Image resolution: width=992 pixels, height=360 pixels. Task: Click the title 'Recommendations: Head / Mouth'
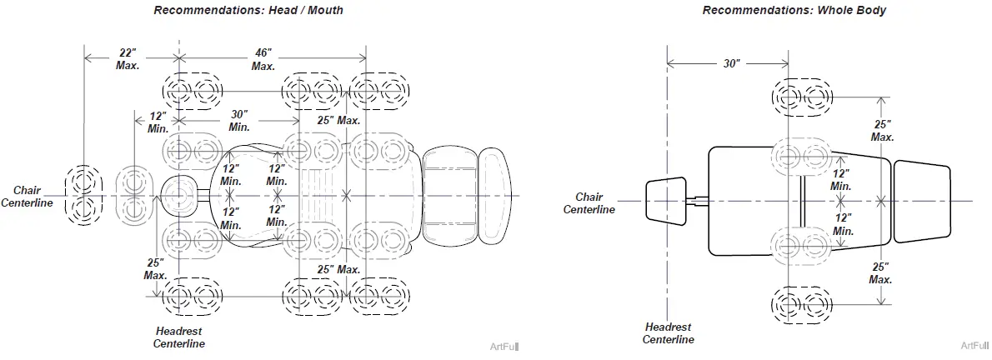click(248, 10)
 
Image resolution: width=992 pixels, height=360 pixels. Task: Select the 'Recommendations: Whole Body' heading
click(794, 10)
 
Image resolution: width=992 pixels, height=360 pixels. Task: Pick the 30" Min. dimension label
click(239, 121)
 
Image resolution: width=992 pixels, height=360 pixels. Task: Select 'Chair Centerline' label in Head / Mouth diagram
click(26, 197)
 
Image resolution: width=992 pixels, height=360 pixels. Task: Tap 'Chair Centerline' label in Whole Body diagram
click(589, 203)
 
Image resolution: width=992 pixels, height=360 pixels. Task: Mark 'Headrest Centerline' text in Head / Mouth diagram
click(178, 337)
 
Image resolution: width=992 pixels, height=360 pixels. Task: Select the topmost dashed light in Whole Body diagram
click(800, 97)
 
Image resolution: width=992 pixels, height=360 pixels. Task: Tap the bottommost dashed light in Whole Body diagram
click(800, 305)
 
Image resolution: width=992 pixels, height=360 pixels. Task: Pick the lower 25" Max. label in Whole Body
click(881, 272)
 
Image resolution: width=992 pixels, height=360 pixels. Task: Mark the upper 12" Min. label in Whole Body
click(842, 179)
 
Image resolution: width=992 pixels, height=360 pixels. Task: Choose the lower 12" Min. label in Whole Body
click(843, 224)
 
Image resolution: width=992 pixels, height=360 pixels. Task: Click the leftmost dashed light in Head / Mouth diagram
click(83, 195)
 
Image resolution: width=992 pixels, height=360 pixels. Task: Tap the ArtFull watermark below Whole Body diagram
click(974, 345)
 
